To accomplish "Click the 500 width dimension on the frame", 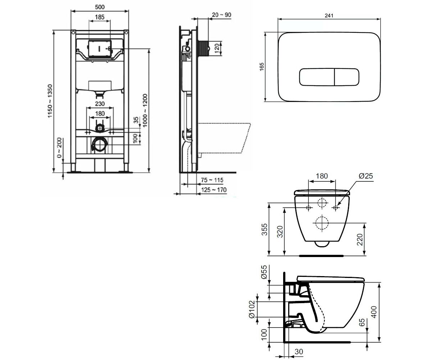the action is (x=100, y=7).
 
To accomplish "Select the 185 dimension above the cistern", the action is (x=100, y=17).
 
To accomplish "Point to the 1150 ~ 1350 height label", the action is (x=50, y=101).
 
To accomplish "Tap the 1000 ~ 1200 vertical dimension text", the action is (x=145, y=110).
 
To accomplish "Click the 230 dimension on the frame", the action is (x=100, y=104).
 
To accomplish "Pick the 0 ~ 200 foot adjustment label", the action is (x=59, y=148).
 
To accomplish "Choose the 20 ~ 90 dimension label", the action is (x=222, y=15).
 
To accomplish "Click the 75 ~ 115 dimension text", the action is (x=212, y=180).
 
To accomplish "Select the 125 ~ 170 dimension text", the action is (x=214, y=190).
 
